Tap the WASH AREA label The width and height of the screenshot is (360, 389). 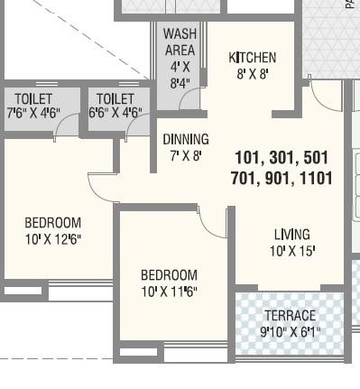click(180, 42)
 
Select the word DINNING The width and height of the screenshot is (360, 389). click(186, 140)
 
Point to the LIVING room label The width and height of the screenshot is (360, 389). click(291, 236)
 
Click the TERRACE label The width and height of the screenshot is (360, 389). click(290, 316)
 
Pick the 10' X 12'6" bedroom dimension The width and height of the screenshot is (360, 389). click(52, 239)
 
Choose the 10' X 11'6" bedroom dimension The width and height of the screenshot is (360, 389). click(169, 292)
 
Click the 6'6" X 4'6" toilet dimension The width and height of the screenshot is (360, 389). click(115, 114)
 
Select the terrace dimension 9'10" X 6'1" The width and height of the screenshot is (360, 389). click(290, 332)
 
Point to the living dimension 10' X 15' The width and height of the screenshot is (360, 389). click(291, 252)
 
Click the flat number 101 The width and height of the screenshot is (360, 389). click(249, 158)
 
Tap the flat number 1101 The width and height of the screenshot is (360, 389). click(312, 179)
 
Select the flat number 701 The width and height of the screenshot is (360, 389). click(245, 179)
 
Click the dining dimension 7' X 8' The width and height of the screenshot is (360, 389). click(186, 155)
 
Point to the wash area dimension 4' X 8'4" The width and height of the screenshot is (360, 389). click(180, 75)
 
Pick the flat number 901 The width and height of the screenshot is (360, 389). click(277, 179)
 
